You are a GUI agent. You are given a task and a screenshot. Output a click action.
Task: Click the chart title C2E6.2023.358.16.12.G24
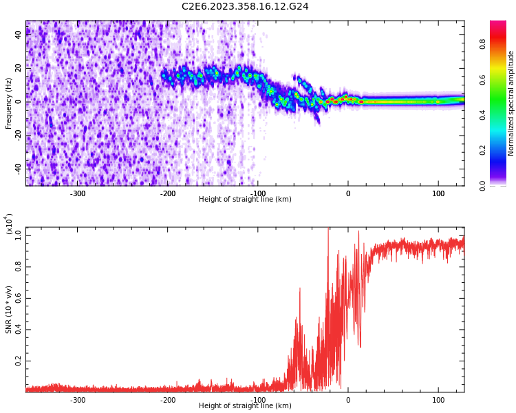click(x=245, y=6)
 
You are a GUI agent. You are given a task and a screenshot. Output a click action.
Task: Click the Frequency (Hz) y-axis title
click(x=9, y=103)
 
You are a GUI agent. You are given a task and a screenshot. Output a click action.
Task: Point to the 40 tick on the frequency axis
click(x=19, y=35)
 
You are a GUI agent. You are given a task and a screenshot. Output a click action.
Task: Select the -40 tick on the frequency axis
click(x=17, y=167)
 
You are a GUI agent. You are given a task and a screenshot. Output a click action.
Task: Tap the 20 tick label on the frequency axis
click(x=19, y=68)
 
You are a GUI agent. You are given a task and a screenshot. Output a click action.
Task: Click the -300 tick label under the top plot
click(x=78, y=193)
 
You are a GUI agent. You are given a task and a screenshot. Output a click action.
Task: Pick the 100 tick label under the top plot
click(x=438, y=193)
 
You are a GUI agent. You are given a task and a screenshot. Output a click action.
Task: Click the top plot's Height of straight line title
click(x=245, y=200)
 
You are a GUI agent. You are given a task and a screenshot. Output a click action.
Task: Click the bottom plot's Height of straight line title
click(x=245, y=406)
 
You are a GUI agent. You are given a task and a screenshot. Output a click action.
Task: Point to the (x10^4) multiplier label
click(x=9, y=224)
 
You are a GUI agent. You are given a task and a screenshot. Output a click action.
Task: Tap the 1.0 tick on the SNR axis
click(x=19, y=235)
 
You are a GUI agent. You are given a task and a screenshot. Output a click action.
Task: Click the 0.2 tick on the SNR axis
click(x=19, y=361)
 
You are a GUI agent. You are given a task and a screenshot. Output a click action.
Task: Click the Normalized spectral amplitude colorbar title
click(x=511, y=103)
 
